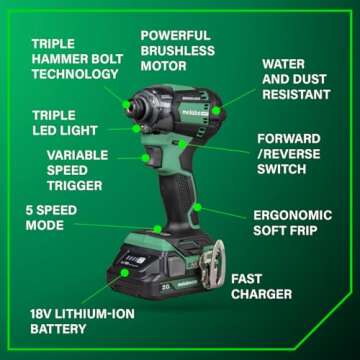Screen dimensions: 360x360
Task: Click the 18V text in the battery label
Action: pyautogui.click(x=38, y=323)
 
